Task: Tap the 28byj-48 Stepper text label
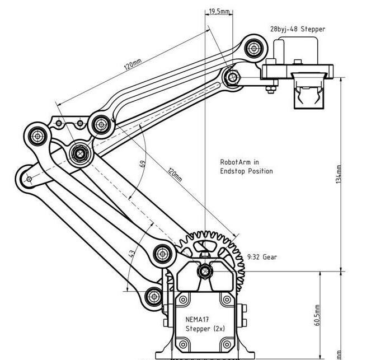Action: click(x=297, y=29)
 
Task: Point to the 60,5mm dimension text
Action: click(x=317, y=315)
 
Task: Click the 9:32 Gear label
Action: click(x=264, y=258)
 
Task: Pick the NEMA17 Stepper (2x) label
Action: click(x=205, y=324)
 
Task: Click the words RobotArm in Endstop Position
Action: click(x=246, y=167)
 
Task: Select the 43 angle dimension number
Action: click(x=132, y=254)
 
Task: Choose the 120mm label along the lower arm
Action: click(x=175, y=175)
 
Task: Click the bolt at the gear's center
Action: click(x=204, y=272)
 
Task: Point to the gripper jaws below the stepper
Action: click(x=307, y=92)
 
